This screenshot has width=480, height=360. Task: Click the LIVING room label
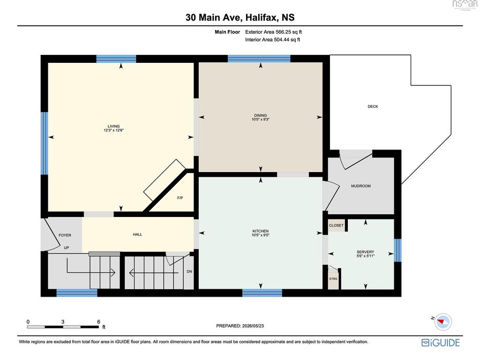(x=113, y=126)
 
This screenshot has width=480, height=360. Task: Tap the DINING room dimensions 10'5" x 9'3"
(x=261, y=120)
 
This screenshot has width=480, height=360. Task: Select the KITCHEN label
(x=261, y=231)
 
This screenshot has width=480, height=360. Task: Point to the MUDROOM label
(x=361, y=186)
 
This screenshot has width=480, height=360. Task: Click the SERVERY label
(x=366, y=252)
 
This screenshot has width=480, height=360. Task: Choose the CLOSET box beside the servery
(x=337, y=225)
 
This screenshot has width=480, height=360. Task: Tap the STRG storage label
(x=333, y=278)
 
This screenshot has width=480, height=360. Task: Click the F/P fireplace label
(x=180, y=198)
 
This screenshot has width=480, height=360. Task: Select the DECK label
(x=373, y=106)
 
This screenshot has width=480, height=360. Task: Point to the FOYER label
(x=65, y=235)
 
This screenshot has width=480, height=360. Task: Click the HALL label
(x=137, y=234)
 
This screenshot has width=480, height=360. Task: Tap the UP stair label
(x=67, y=247)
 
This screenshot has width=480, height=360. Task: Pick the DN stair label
(x=189, y=271)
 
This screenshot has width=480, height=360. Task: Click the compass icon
(x=442, y=322)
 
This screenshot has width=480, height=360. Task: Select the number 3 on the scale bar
(x=63, y=322)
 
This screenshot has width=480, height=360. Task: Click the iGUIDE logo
(x=441, y=342)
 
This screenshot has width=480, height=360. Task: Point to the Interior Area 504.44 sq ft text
(x=272, y=39)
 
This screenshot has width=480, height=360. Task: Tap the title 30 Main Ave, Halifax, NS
(x=240, y=17)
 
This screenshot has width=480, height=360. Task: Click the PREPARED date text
(x=240, y=326)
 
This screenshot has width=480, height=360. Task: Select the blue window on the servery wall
(x=397, y=250)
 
